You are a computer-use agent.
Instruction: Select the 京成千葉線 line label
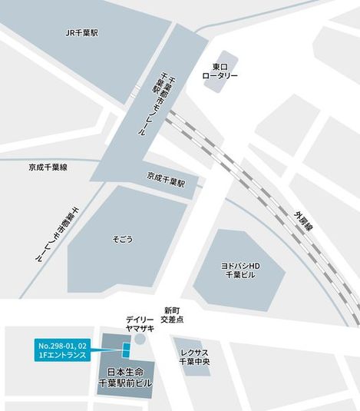48,167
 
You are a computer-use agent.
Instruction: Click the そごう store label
123,239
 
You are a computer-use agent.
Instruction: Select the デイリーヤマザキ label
140,323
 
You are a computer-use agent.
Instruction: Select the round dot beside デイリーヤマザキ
139,339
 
